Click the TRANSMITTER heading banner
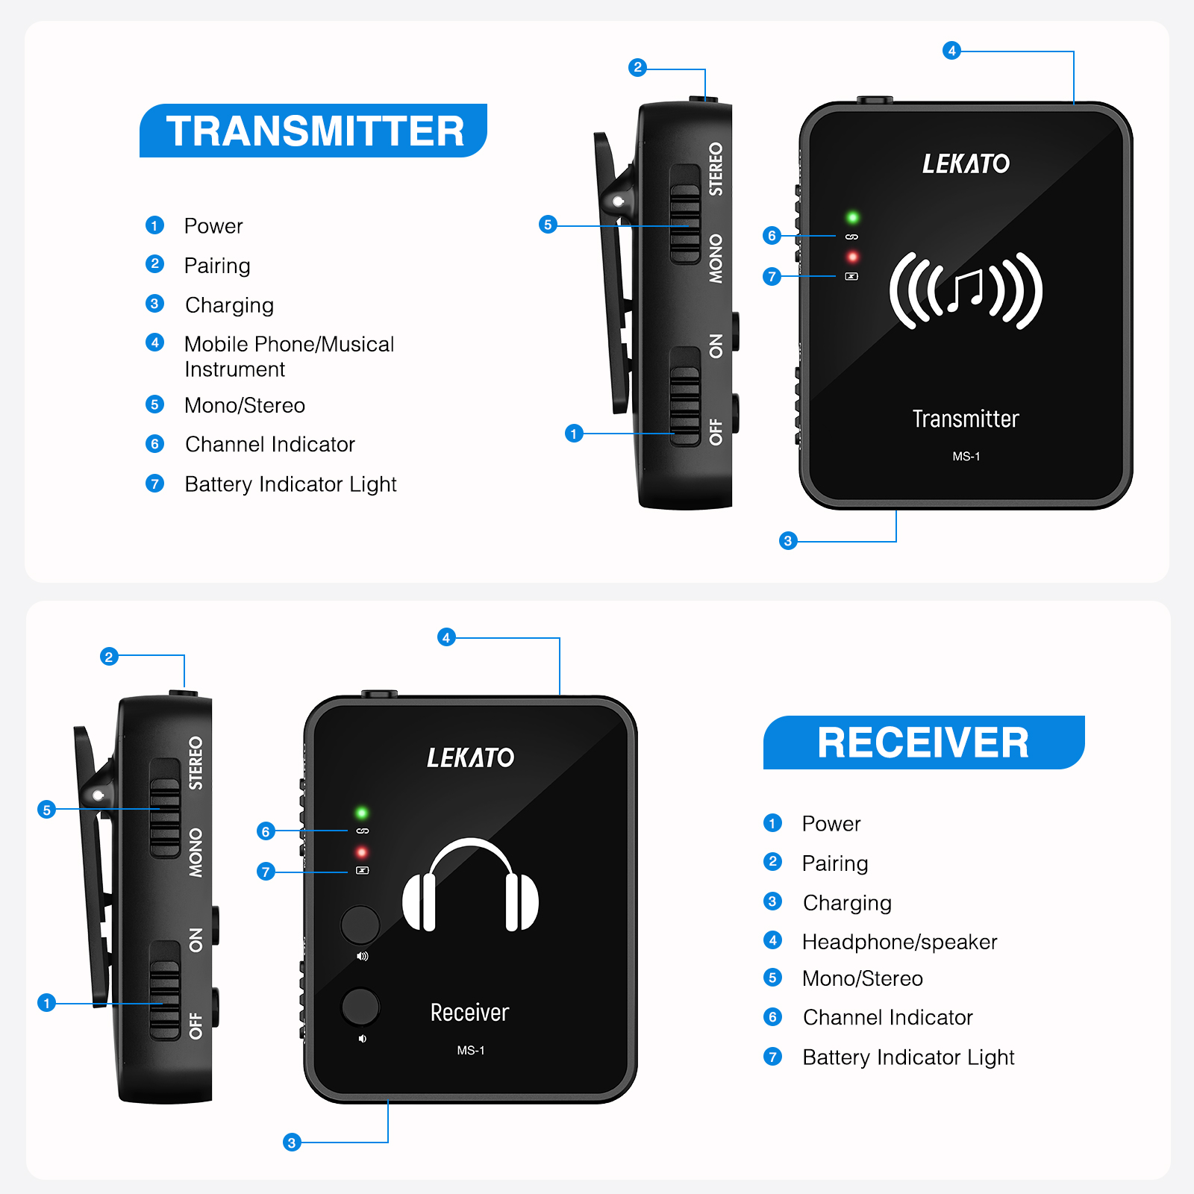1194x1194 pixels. [313, 131]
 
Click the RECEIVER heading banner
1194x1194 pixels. [923, 743]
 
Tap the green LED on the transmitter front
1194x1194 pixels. [852, 217]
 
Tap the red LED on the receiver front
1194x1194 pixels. [362, 852]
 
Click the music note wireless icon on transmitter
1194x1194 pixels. [966, 291]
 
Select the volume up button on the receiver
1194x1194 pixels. [360, 925]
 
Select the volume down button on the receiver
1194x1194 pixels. [360, 1007]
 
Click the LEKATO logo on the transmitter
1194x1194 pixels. [966, 163]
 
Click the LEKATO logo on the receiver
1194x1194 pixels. [470, 757]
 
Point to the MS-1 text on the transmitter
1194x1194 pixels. [966, 456]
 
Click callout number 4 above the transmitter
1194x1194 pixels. [951, 51]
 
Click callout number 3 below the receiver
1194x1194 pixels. [292, 1142]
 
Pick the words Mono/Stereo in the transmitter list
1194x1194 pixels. [245, 405]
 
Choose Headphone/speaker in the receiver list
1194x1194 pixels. [899, 942]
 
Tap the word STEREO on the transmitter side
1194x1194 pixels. [716, 169]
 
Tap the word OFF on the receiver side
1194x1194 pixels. [196, 1025]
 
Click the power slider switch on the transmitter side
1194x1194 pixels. [684, 396]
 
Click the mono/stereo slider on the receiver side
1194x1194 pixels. [165, 808]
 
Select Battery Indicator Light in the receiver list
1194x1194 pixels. [908, 1057]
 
